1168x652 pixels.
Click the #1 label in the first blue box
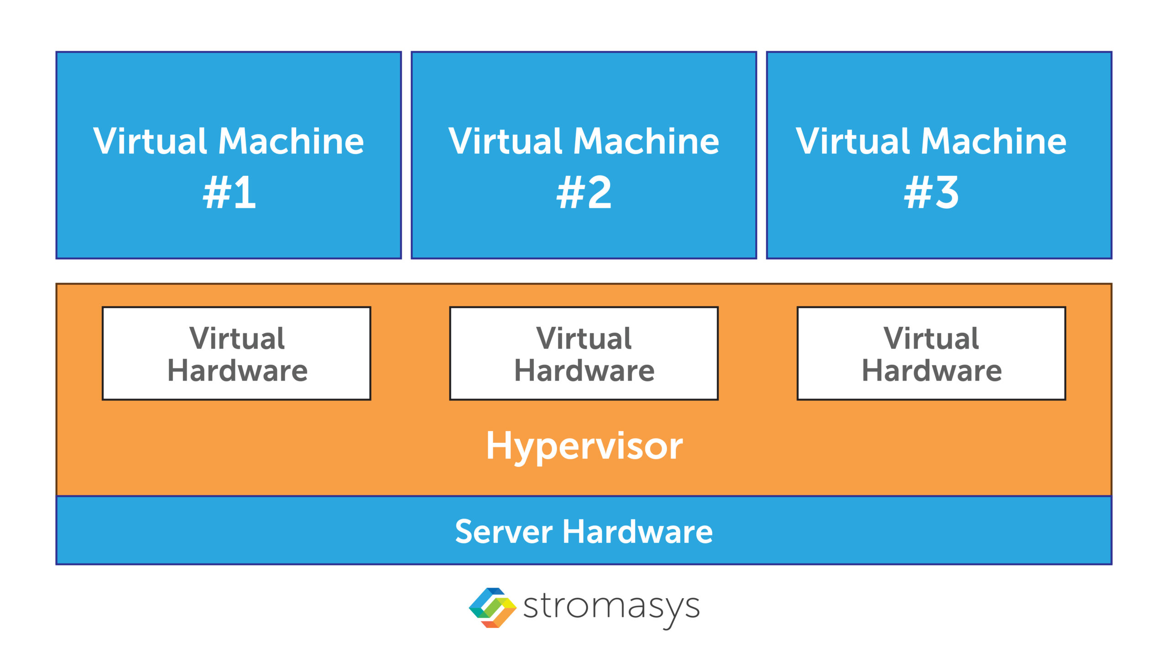tap(229, 193)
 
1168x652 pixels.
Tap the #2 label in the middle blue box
tap(584, 193)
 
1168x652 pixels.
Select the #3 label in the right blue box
tap(931, 193)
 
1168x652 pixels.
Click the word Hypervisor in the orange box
tap(584, 446)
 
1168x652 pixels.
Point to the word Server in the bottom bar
tap(504, 532)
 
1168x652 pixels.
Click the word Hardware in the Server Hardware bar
tap(637, 532)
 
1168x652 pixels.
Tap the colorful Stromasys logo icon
tap(492, 608)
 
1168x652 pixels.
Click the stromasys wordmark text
tap(611, 608)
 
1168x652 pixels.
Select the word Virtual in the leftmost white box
tap(237, 338)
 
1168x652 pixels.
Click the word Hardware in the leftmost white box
tap(237, 370)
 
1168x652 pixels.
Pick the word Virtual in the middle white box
tap(584, 338)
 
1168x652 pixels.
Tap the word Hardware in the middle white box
tap(584, 370)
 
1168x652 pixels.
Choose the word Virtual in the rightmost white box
tap(931, 338)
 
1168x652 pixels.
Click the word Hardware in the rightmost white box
tap(931, 370)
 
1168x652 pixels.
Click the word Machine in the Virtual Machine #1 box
tap(291, 142)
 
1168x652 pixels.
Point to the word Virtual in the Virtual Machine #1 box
tap(151, 142)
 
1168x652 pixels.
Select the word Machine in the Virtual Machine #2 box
tap(646, 142)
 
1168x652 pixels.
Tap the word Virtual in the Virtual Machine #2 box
tap(506, 142)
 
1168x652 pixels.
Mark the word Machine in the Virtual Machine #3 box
tap(993, 142)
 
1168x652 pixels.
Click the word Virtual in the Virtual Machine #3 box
tap(853, 142)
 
